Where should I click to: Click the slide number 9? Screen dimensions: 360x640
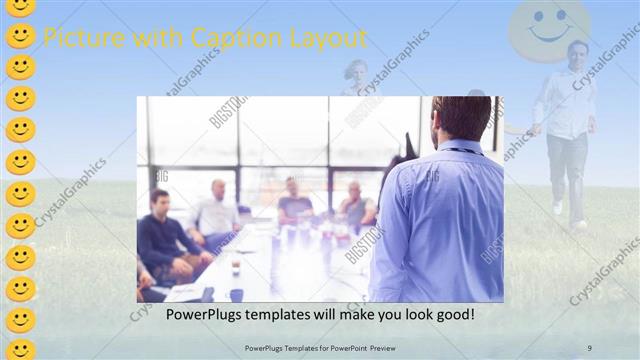pos(590,347)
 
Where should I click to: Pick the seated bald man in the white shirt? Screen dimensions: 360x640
pos(215,210)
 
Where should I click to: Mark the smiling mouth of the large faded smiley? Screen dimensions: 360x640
pos(548,38)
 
